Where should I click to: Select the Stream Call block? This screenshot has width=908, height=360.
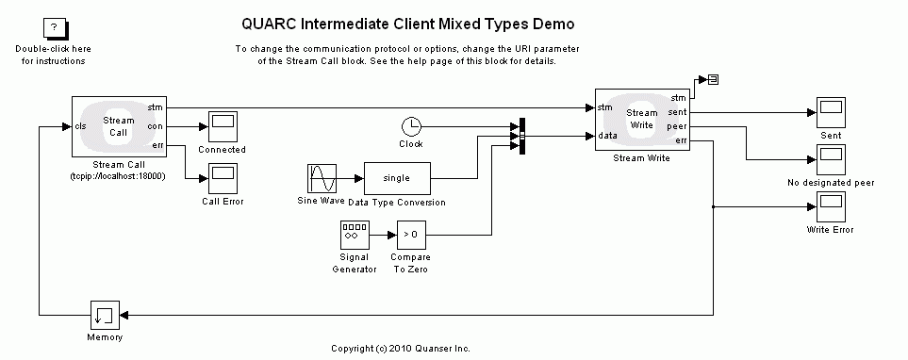pyautogui.click(x=118, y=126)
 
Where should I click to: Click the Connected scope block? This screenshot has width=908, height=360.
pyautogui.click(x=223, y=125)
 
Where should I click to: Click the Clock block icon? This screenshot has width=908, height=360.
pyautogui.click(x=411, y=126)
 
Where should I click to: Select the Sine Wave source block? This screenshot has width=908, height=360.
pyautogui.click(x=322, y=178)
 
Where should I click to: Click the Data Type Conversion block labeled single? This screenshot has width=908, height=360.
pyautogui.click(x=396, y=178)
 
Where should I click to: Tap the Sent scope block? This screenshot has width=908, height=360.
pyautogui.click(x=831, y=112)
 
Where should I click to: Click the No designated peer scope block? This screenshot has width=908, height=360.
pyautogui.click(x=831, y=158)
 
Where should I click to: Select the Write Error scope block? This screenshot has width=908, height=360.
pyautogui.click(x=831, y=205)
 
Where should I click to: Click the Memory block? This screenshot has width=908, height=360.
pyautogui.click(x=104, y=314)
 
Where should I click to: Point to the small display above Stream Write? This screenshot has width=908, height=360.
pyautogui.click(x=713, y=79)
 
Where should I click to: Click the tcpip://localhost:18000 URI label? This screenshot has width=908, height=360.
pyautogui.click(x=118, y=176)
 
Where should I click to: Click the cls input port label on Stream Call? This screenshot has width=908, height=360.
pyautogui.click(x=81, y=126)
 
